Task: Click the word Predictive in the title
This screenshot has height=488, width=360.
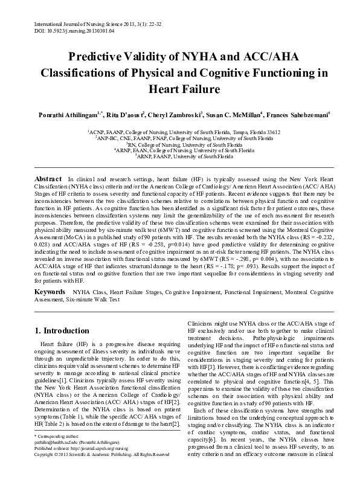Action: click(x=103, y=57)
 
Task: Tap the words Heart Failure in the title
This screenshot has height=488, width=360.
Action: click(x=179, y=89)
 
